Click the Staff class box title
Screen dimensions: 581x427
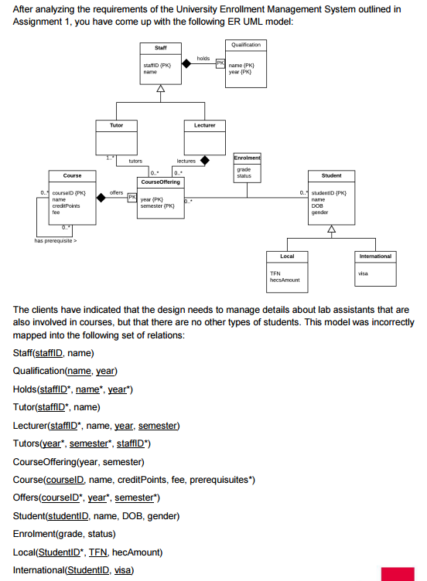click(x=161, y=48)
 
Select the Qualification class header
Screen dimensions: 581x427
click(x=246, y=45)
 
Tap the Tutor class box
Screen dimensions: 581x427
click(x=116, y=124)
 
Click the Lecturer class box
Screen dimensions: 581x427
click(x=205, y=124)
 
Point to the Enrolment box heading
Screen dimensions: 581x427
click(x=247, y=158)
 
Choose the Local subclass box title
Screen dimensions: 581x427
click(x=287, y=256)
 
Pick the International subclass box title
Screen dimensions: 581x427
click(x=376, y=256)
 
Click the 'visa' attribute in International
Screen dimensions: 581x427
click(x=363, y=273)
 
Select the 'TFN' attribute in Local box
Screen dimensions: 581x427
click(x=275, y=273)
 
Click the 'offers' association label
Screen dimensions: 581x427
click(x=117, y=192)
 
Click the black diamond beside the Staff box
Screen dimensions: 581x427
click(x=186, y=64)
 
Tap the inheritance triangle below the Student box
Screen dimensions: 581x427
click(x=331, y=229)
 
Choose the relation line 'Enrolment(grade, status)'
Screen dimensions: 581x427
click(x=64, y=534)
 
